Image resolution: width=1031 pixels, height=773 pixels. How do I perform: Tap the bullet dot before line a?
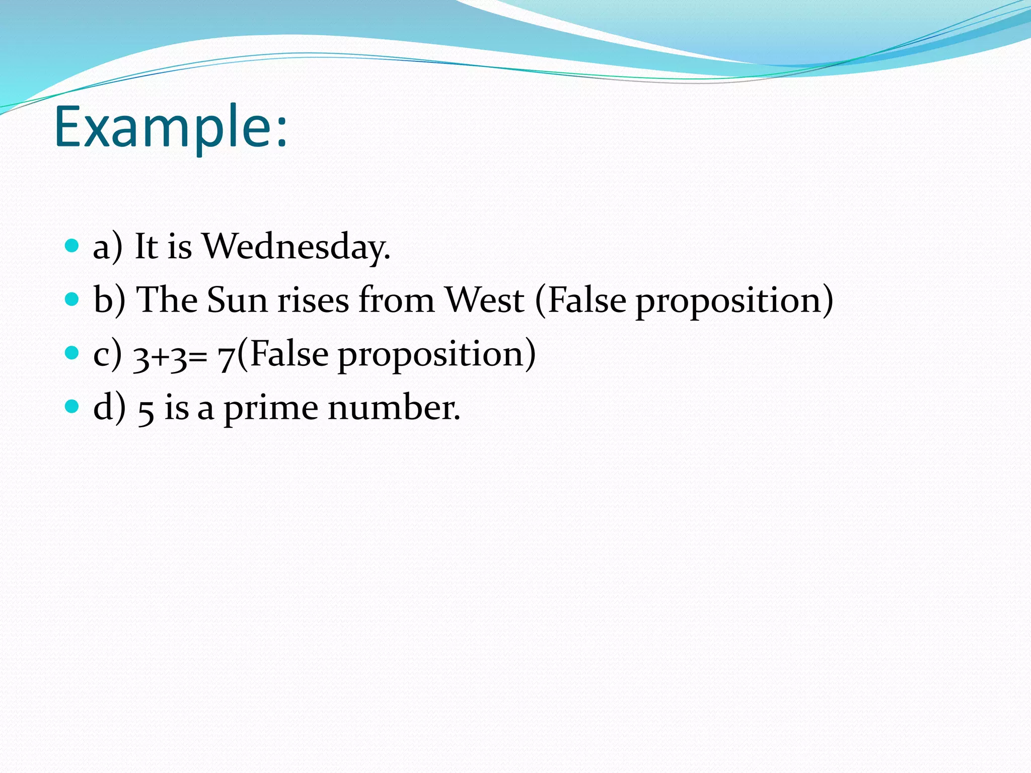(x=72, y=246)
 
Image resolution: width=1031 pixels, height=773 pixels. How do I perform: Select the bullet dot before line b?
(x=72, y=299)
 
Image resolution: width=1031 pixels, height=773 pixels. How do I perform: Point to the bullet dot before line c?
(x=72, y=353)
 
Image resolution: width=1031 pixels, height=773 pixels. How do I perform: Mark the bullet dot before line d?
(x=72, y=406)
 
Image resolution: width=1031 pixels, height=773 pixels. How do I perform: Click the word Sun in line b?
(x=237, y=300)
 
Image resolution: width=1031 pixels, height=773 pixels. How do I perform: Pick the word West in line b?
(x=485, y=300)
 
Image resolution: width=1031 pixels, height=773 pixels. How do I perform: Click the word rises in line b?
(x=314, y=300)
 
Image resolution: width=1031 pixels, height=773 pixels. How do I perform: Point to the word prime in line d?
(x=271, y=409)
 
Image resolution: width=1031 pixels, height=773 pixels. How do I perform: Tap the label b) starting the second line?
(x=109, y=300)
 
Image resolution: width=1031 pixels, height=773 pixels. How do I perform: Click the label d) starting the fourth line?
(x=109, y=408)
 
